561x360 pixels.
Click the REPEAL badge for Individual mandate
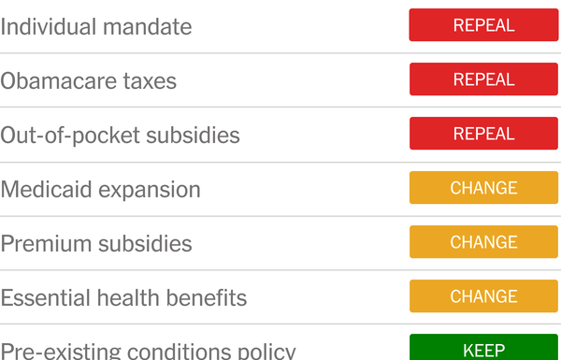483,25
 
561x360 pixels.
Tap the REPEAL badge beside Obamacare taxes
483,79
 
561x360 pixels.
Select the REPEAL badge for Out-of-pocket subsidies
483,134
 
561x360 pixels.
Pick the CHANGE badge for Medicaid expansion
483,188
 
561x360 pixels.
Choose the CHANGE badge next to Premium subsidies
483,242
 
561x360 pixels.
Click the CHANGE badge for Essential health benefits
483,296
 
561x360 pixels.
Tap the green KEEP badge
483,349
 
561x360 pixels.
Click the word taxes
151,80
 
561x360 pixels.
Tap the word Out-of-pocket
65,136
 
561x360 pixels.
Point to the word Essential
44,297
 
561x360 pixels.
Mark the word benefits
209,297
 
